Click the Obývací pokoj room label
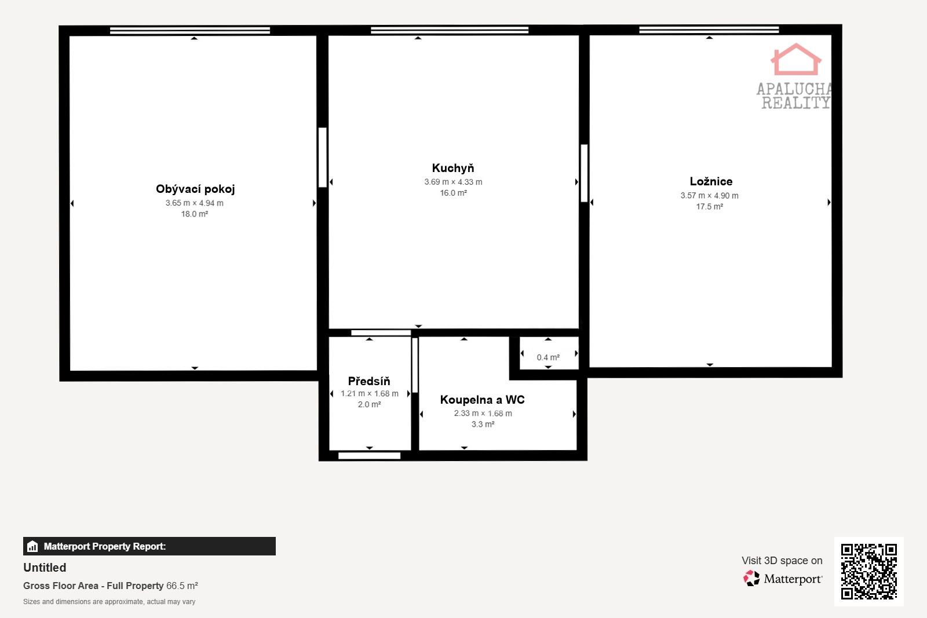(195, 189)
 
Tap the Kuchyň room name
(453, 168)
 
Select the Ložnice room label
(711, 181)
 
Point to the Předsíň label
(369, 381)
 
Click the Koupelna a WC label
(483, 400)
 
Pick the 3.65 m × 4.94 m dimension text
(195, 203)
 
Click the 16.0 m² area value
(453, 193)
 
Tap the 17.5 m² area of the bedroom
(709, 206)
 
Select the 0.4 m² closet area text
(548, 357)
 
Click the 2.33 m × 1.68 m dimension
(483, 413)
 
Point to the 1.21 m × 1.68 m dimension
(370, 393)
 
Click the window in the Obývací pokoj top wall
(190, 30)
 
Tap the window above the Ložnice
(709, 30)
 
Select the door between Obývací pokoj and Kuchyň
(322, 158)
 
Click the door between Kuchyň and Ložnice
(584, 173)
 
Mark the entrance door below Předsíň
(369, 455)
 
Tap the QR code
(868, 571)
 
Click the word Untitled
(45, 568)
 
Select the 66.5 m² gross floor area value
(182, 586)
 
